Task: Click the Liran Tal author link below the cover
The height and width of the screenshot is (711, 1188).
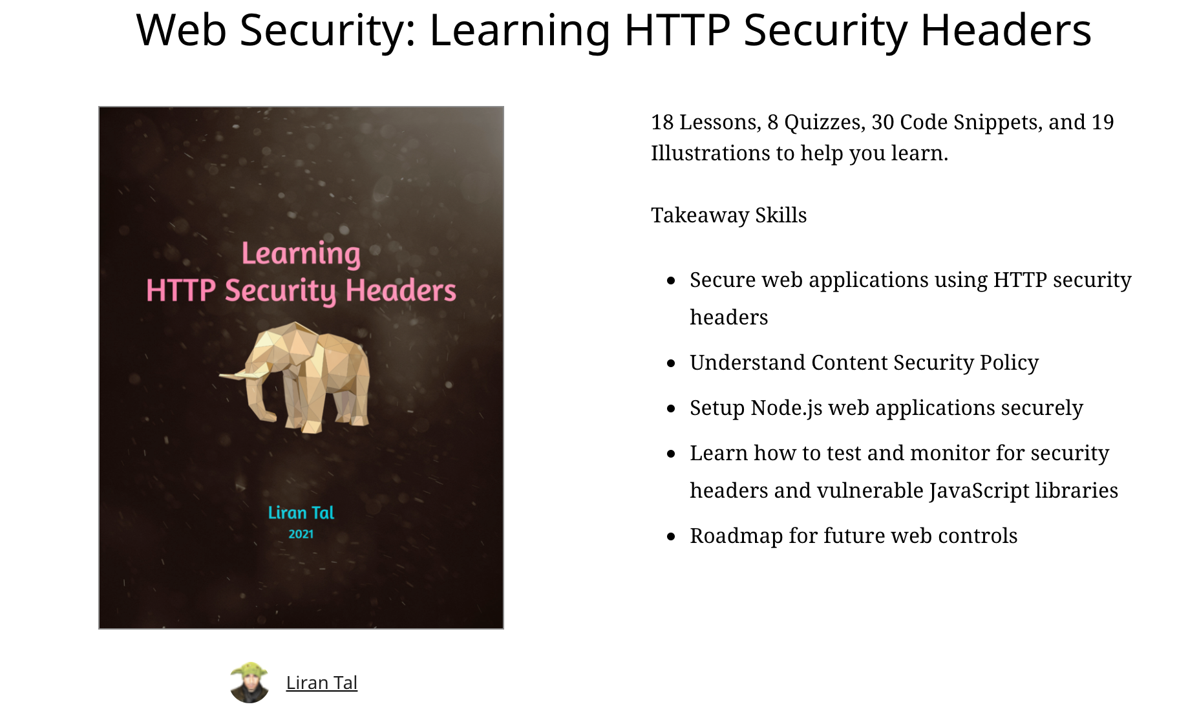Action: coord(321,683)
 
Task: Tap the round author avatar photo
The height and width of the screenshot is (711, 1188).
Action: coord(249,683)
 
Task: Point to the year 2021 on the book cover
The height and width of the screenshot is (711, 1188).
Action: coord(301,534)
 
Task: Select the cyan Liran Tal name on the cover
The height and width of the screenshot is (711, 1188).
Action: coord(301,513)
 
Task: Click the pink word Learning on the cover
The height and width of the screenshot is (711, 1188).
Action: coord(301,253)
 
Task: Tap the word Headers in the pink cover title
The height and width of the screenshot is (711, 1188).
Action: coord(401,290)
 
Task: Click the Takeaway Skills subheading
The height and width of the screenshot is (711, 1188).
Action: coord(728,215)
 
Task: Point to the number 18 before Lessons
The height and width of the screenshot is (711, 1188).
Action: coord(663,122)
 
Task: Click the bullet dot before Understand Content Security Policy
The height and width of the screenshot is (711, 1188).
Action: coord(671,363)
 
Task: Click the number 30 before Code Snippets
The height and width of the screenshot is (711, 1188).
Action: coord(883,122)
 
